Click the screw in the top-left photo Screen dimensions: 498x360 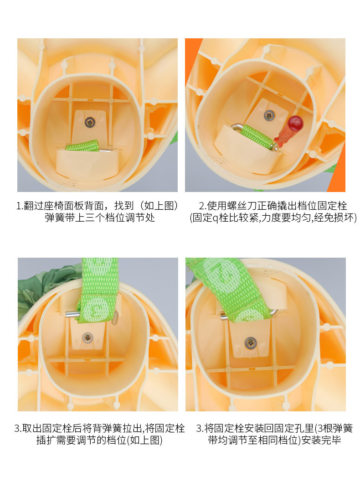coord(88,121)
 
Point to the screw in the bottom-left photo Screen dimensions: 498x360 coord(87,338)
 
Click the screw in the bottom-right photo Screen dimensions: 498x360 coord(250,342)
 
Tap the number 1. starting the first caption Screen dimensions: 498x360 coord(19,205)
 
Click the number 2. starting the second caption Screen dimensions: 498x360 coord(203,205)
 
